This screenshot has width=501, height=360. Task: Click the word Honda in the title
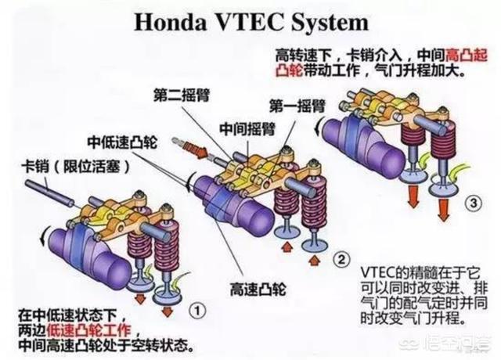click(171, 22)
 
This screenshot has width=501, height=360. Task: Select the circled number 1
click(197, 311)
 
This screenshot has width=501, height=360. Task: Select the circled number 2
click(341, 259)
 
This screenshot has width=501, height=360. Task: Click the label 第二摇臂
click(182, 95)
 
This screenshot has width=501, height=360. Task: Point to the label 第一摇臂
click(297, 106)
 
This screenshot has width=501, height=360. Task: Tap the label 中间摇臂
click(247, 129)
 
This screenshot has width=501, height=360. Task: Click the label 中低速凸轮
click(122, 142)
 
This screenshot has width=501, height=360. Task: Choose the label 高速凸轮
click(258, 290)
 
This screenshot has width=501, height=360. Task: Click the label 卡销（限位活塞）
click(76, 167)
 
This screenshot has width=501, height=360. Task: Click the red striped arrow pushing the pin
click(189, 148)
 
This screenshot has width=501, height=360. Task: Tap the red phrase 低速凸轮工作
click(88, 330)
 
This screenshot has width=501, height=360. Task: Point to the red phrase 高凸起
click(467, 56)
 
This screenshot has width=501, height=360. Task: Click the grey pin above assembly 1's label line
click(49, 193)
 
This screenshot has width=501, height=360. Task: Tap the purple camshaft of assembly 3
click(362, 144)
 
